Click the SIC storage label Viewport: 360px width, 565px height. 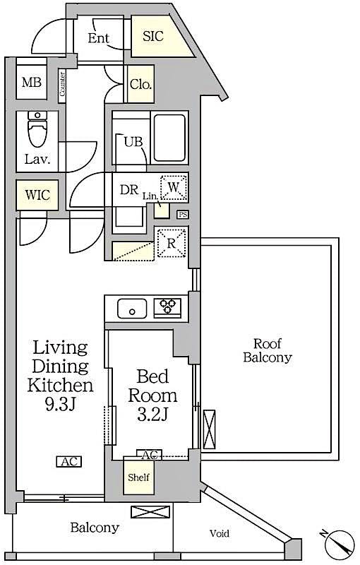tap(153, 36)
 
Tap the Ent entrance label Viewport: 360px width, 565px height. tap(98, 38)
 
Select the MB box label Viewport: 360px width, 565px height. tap(31, 83)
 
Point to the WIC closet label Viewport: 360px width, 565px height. tap(37, 195)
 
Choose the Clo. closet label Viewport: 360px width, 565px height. tap(140, 85)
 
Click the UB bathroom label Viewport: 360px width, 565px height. tap(133, 141)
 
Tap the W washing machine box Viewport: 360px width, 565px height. tap(174, 188)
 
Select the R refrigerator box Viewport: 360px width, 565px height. tap(172, 244)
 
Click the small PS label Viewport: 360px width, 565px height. tap(183, 215)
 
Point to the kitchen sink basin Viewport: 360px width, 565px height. tap(132, 308)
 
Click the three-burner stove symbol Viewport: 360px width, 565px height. tap(167, 307)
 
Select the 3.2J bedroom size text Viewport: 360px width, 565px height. tap(152, 415)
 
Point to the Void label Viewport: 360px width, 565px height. tap(218, 533)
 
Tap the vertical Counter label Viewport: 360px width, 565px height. tap(63, 84)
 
